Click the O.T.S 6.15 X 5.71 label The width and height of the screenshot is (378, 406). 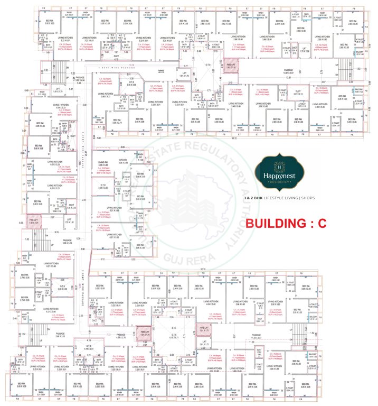click(174, 351)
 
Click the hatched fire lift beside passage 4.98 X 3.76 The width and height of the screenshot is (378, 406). click(141, 334)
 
